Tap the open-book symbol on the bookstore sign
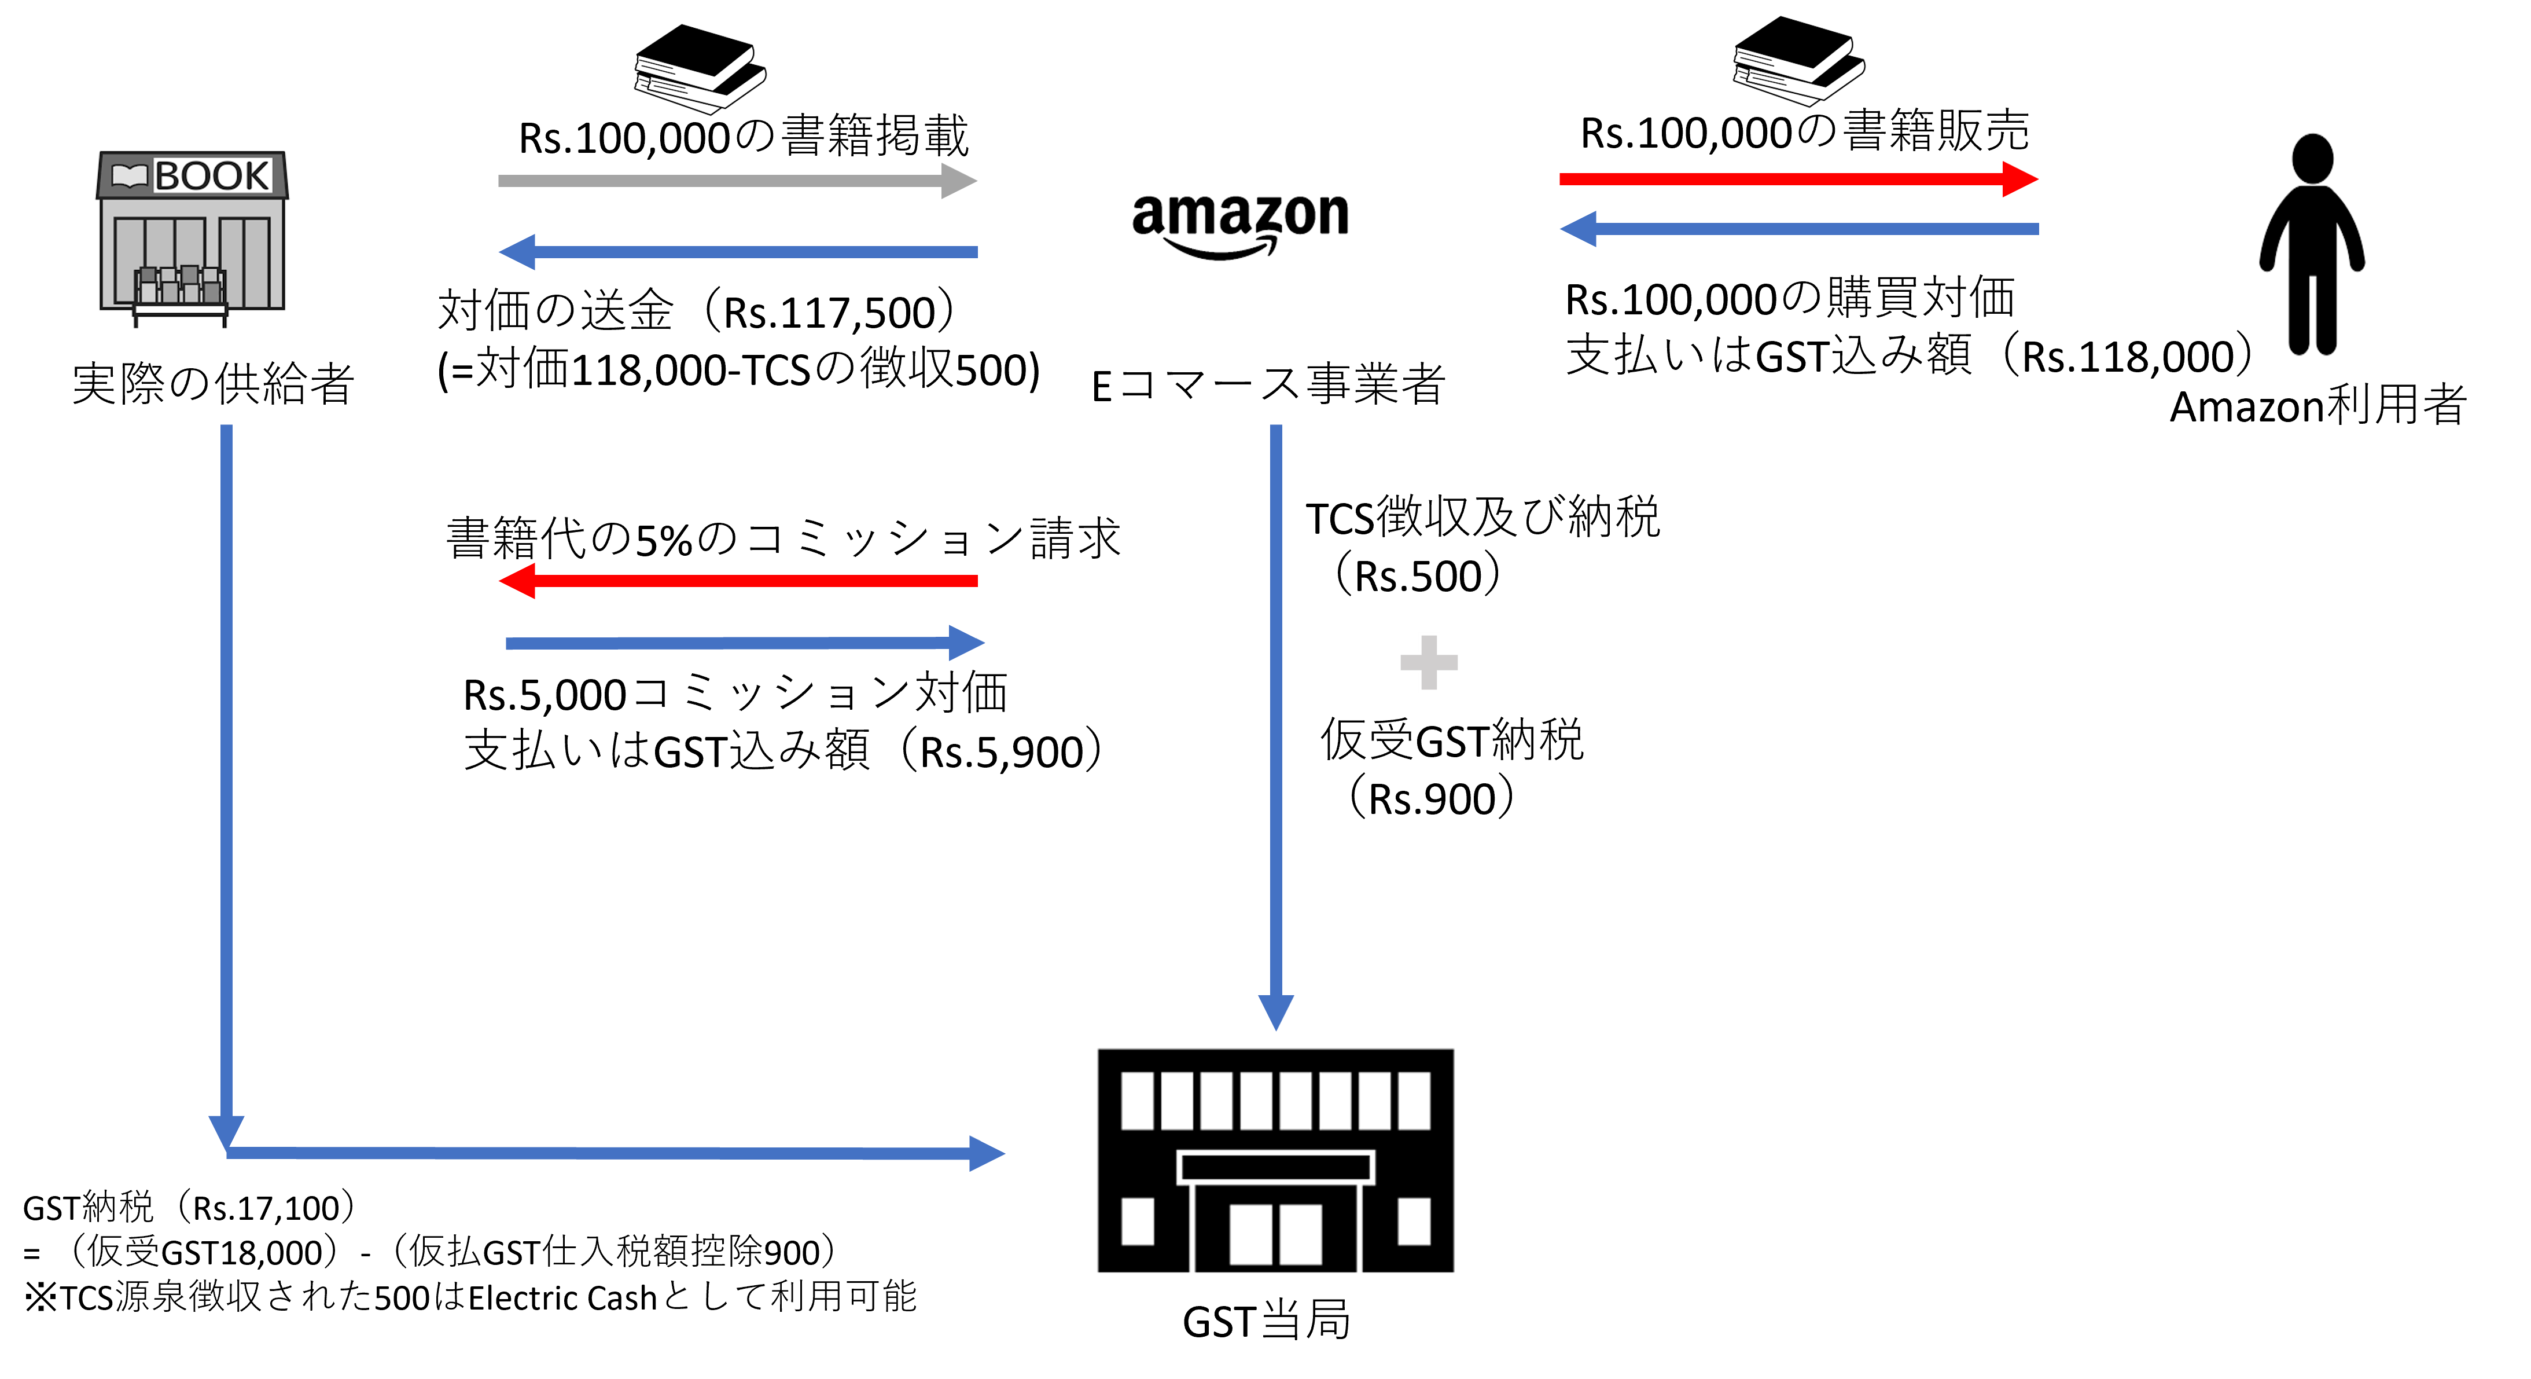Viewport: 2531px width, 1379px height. [128, 176]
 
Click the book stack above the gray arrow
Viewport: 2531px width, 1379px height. [700, 67]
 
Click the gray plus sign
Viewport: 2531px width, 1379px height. [1429, 662]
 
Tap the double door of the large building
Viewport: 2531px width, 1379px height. [1275, 1234]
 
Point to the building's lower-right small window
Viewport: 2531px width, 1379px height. [1414, 1222]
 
